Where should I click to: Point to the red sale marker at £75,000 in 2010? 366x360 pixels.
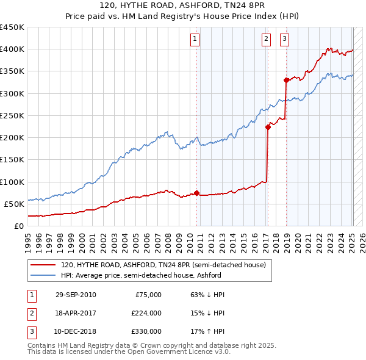[196, 193]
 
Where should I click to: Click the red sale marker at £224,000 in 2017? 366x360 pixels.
[268, 128]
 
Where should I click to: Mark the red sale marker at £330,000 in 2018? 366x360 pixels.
[286, 80]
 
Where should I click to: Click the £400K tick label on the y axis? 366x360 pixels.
[12, 49]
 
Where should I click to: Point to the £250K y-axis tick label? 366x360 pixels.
[12, 115]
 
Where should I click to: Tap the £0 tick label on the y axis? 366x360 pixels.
[18, 226]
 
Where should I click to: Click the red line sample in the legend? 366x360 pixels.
[43, 265]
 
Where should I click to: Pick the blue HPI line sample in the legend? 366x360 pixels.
[43, 275]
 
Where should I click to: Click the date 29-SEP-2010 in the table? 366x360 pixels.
[76, 295]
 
